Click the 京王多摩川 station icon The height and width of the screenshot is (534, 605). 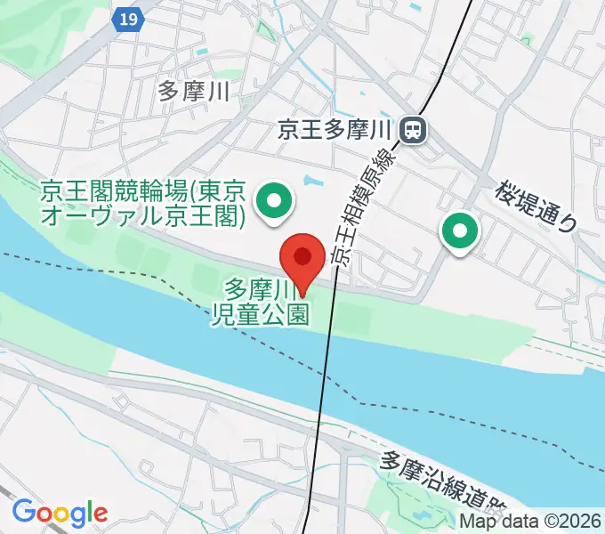[414, 131]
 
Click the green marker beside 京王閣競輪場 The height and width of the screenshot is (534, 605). [274, 202]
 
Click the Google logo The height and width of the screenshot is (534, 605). [59, 513]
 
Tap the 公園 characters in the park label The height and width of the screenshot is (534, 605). [289, 315]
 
